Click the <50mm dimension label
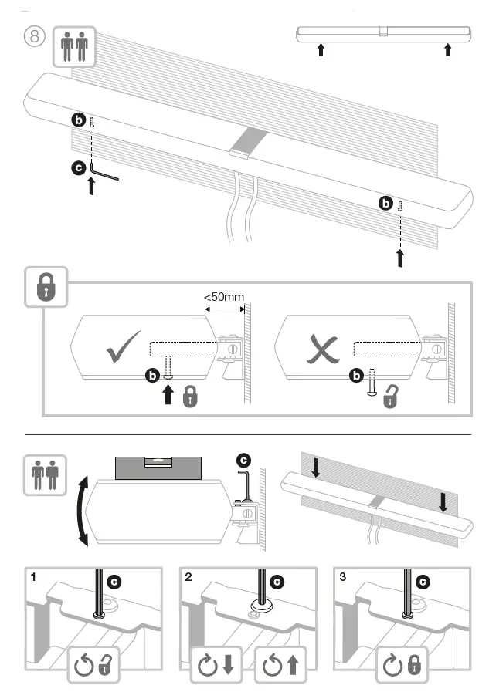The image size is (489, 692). click(224, 296)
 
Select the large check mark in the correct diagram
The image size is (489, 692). click(123, 348)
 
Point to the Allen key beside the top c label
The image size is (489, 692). click(104, 170)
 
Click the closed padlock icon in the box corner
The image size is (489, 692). click(47, 289)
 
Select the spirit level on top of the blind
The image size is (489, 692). click(158, 468)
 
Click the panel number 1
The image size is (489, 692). click(34, 576)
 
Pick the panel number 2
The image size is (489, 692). click(188, 576)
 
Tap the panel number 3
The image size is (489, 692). click(341, 576)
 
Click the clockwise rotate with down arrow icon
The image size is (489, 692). click(217, 663)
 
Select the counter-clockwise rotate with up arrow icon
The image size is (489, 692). click(277, 663)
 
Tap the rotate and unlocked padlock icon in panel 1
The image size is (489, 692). click(93, 663)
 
